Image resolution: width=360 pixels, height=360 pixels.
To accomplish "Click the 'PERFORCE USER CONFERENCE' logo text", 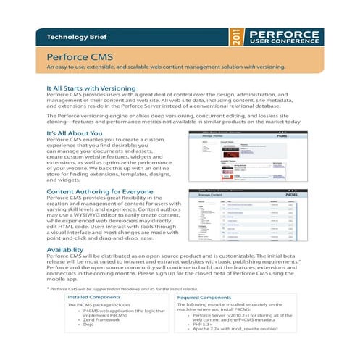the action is click(283, 36).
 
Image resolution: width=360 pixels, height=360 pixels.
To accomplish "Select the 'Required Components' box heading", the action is click(208, 297).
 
